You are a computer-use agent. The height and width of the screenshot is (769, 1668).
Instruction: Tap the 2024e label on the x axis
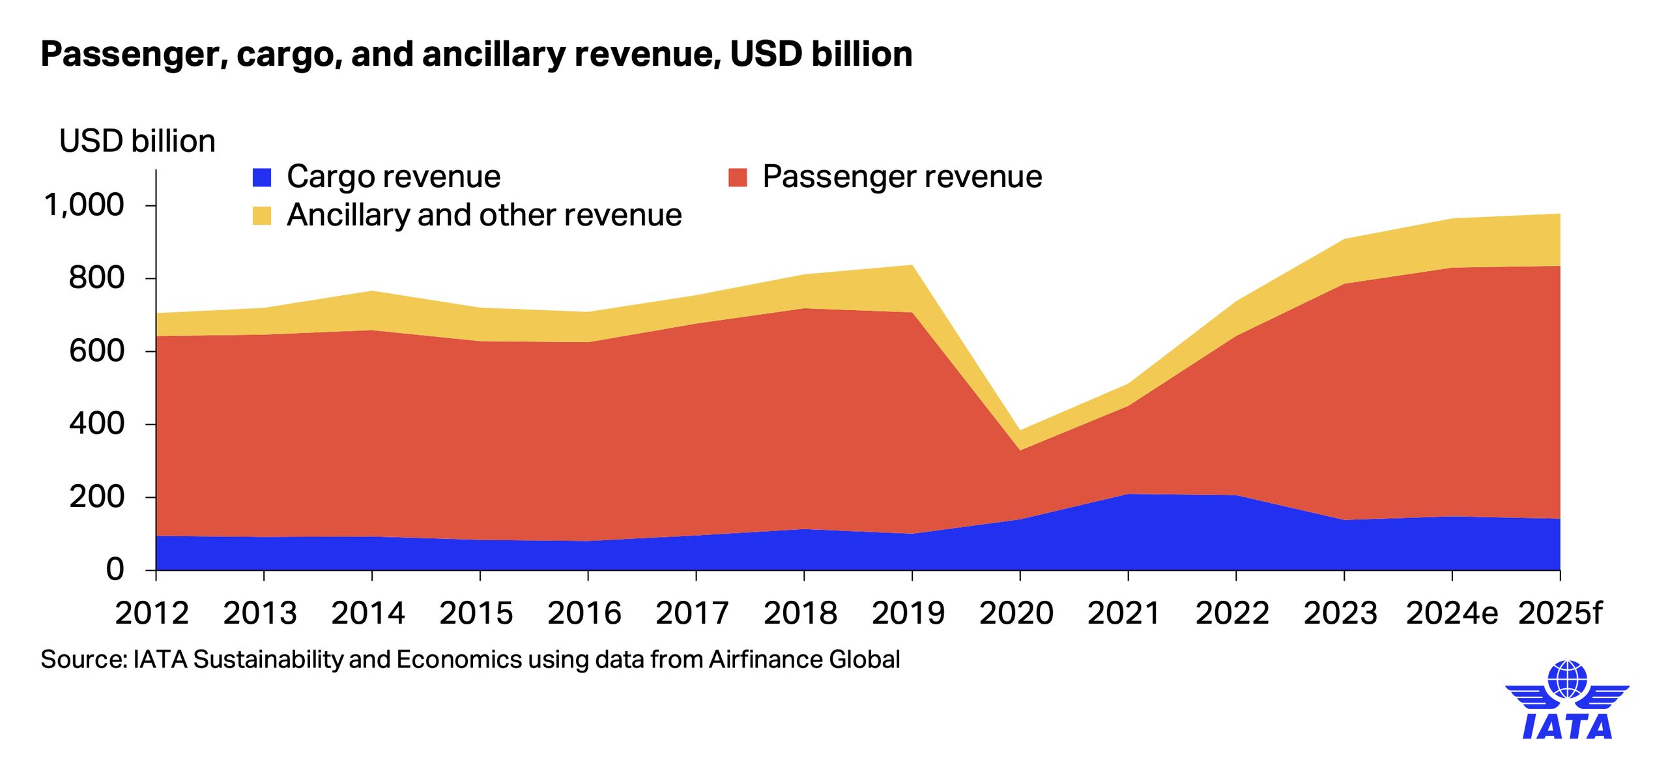(1452, 613)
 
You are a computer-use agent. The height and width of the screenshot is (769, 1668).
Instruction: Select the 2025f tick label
(1559, 613)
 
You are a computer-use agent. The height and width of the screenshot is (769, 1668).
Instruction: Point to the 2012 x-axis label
(152, 613)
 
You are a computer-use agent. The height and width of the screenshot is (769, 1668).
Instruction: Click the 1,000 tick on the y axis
(83, 205)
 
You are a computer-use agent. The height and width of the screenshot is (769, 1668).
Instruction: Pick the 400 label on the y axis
(96, 424)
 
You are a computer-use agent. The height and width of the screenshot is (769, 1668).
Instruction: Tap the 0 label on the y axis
(115, 570)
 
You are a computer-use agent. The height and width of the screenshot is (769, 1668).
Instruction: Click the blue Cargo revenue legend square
(262, 177)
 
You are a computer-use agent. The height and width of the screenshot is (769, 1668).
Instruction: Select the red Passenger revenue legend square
(738, 177)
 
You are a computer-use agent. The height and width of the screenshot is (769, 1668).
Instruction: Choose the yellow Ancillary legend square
(262, 216)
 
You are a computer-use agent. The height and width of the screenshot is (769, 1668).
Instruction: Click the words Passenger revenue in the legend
(902, 177)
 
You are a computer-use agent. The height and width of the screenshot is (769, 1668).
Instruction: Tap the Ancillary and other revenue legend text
(484, 215)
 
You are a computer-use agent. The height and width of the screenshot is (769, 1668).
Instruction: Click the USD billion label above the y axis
(137, 141)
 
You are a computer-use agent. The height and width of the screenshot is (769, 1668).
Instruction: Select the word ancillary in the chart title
(493, 54)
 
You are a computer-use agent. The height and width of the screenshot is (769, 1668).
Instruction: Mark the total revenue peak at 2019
(912, 265)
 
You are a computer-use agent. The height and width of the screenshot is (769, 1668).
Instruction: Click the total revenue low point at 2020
(1020, 431)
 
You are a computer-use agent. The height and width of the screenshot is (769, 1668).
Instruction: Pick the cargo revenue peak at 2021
(1128, 495)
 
